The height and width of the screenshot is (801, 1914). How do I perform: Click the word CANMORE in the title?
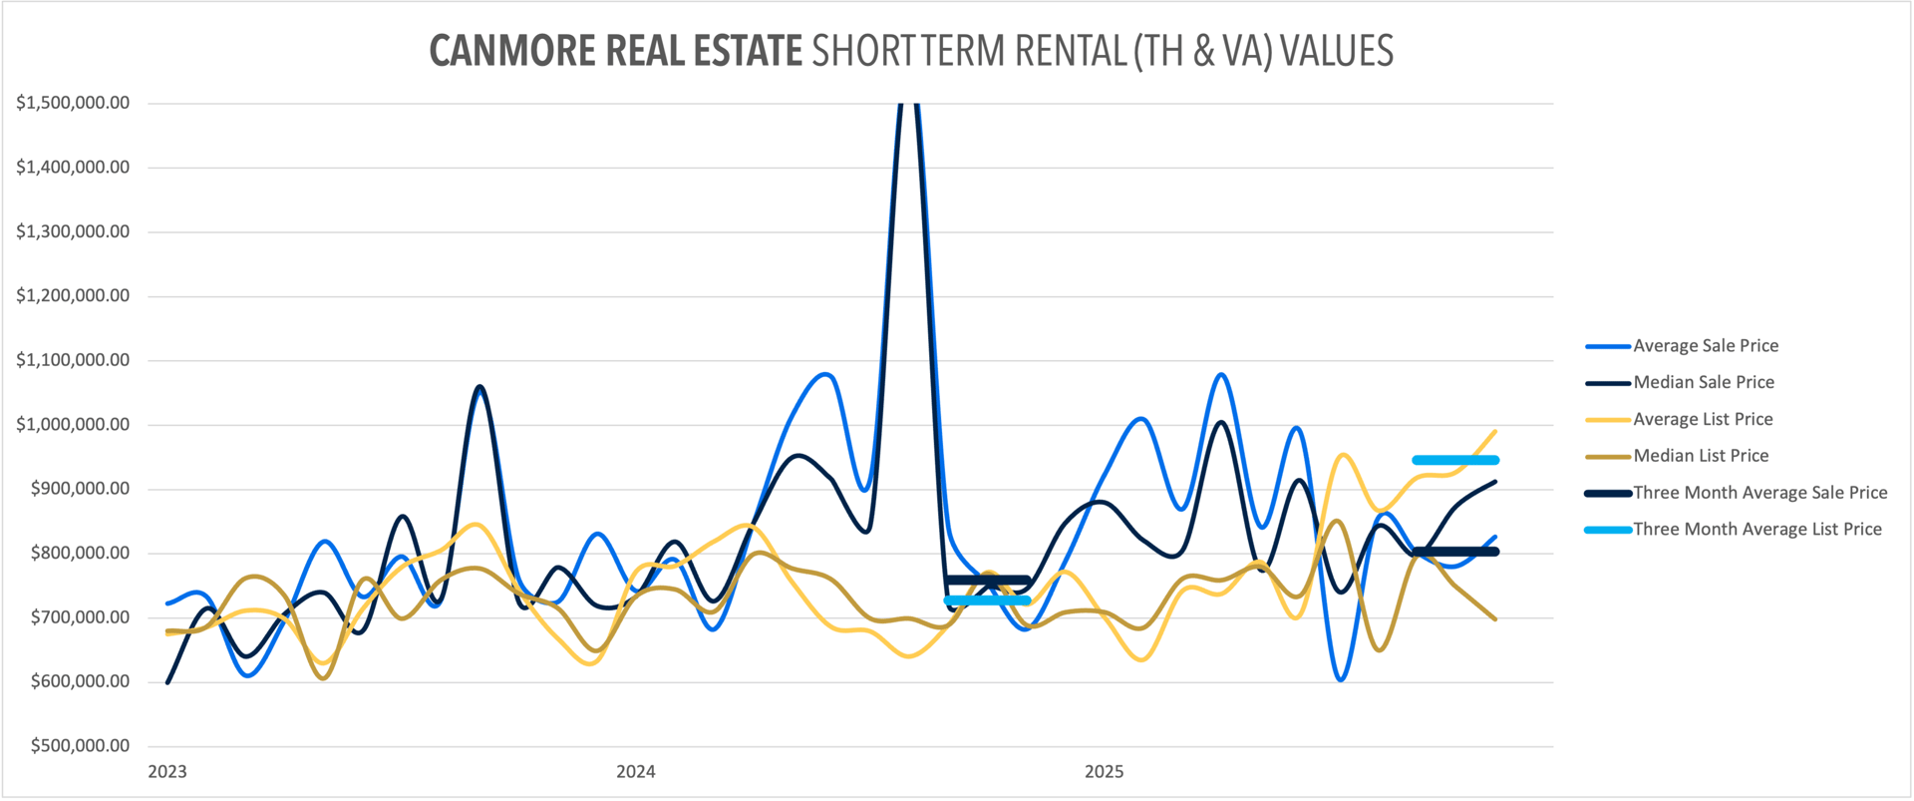[x=514, y=51]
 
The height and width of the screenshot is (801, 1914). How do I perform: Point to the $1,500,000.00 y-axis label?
[x=73, y=103]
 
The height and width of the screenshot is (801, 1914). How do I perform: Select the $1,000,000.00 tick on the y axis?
[x=73, y=424]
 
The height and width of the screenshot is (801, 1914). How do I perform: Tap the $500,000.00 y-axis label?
[x=80, y=745]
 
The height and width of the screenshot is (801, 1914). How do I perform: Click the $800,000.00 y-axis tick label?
[x=80, y=553]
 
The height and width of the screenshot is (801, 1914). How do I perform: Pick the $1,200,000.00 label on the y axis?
[x=73, y=295]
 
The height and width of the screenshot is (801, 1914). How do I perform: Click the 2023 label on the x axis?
[x=167, y=771]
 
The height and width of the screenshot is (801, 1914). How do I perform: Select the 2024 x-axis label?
[x=636, y=771]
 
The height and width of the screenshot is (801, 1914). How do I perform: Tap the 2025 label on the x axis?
[x=1105, y=771]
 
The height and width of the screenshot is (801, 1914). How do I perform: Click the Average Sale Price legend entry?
[x=1705, y=346]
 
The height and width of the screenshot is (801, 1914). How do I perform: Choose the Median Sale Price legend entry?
[x=1703, y=382]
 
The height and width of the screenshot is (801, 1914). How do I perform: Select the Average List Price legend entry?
[x=1702, y=419]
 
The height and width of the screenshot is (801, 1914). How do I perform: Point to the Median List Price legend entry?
[x=1700, y=456]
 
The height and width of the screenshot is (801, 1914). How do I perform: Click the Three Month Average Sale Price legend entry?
[x=1758, y=493]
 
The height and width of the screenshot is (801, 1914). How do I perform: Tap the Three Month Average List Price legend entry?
[x=1756, y=530]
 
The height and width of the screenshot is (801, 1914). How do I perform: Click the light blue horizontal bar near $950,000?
[x=1455, y=460]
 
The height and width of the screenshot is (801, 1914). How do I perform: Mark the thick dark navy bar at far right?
[x=1455, y=552]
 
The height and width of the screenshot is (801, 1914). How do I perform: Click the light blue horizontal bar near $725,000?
[x=987, y=601]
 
